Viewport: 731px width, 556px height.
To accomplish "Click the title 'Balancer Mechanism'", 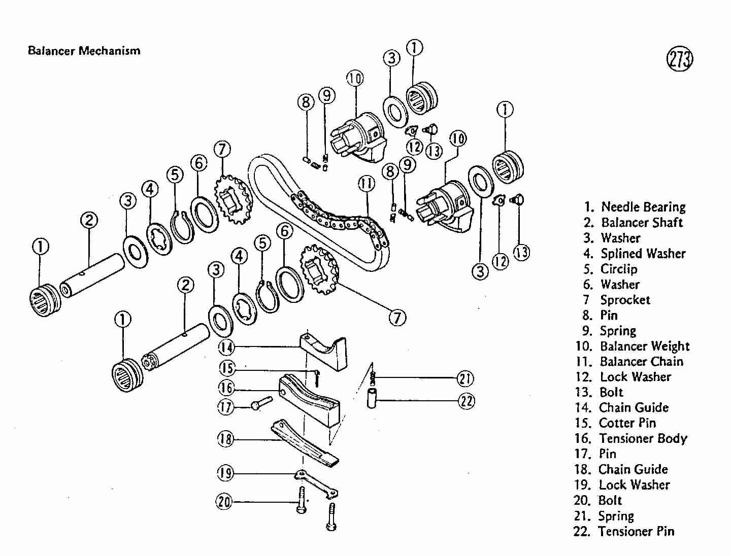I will point(84,51).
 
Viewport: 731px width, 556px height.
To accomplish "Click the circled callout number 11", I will point(367,183).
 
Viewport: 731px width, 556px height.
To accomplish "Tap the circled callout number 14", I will point(226,347).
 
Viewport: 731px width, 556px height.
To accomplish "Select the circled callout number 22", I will point(467,401).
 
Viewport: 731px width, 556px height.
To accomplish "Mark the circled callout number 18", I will point(225,439).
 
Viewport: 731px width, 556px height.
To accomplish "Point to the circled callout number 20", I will point(224,502).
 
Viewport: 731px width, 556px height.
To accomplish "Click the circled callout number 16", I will point(226,389).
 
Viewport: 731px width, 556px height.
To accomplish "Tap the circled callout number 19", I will point(225,474).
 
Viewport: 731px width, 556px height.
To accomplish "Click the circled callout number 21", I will point(466,378).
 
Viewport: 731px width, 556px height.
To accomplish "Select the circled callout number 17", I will point(226,406).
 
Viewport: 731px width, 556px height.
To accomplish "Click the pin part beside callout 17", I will point(261,403).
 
